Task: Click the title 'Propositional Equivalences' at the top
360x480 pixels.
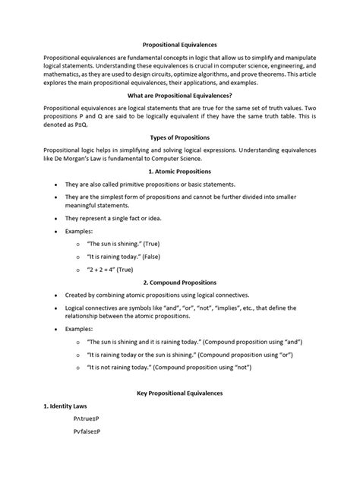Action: tap(179, 45)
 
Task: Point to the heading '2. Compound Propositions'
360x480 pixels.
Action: tap(179, 282)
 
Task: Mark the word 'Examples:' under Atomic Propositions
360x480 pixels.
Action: tap(80, 231)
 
